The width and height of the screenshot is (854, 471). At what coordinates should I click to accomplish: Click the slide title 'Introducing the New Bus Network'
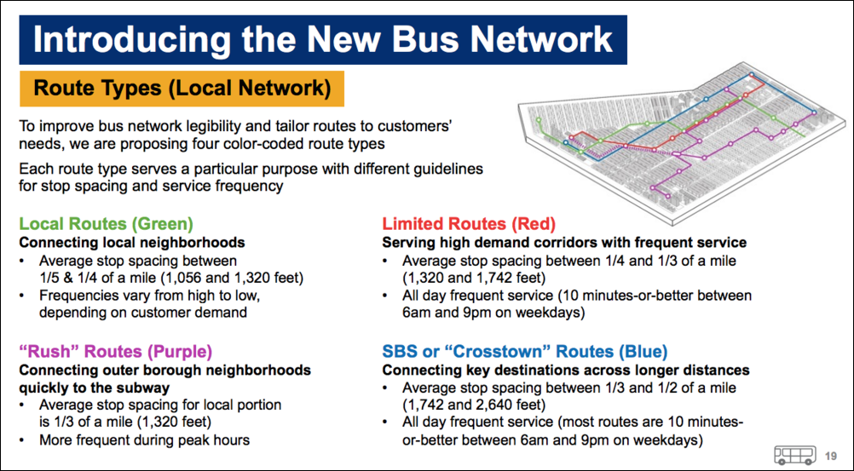click(x=323, y=40)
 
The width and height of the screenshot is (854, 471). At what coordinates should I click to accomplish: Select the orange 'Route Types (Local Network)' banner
click(x=182, y=88)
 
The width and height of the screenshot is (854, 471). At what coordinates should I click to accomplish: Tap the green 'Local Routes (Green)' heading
click(x=107, y=224)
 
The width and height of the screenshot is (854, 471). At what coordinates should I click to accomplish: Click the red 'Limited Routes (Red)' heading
click(x=469, y=224)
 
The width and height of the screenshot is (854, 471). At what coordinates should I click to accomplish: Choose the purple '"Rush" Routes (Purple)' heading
click(x=116, y=351)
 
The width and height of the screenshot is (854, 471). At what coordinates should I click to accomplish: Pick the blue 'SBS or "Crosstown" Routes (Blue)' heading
click(x=524, y=351)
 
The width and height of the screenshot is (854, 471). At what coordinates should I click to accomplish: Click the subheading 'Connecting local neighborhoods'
click(x=132, y=243)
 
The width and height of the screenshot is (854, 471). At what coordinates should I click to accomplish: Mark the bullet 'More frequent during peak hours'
click(x=144, y=440)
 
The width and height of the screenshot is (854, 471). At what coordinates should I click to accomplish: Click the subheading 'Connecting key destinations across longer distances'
click(x=566, y=370)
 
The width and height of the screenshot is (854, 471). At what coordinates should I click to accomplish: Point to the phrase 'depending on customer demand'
click(x=143, y=313)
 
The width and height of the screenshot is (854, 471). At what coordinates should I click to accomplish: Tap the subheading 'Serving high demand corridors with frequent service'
click(x=564, y=243)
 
